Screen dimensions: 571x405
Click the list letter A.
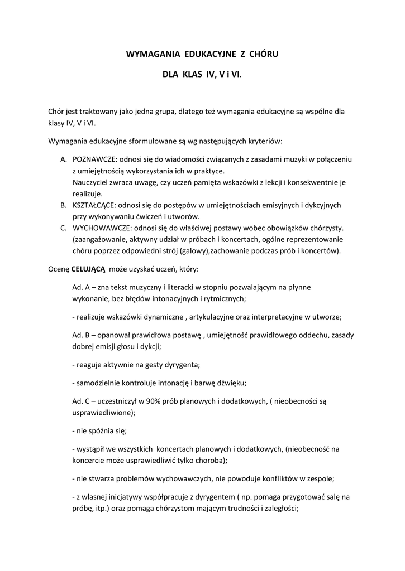63,159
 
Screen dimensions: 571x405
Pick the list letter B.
63,205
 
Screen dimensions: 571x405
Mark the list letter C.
63,228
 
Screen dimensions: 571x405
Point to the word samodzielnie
100,383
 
